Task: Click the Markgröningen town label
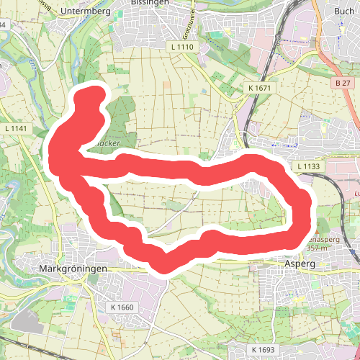click(71, 269)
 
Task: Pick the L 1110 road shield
click(184, 46)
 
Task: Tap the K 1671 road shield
click(259, 88)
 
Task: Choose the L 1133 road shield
click(310, 166)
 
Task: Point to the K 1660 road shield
click(122, 307)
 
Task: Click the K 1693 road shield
click(264, 349)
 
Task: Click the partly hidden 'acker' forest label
click(109, 144)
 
